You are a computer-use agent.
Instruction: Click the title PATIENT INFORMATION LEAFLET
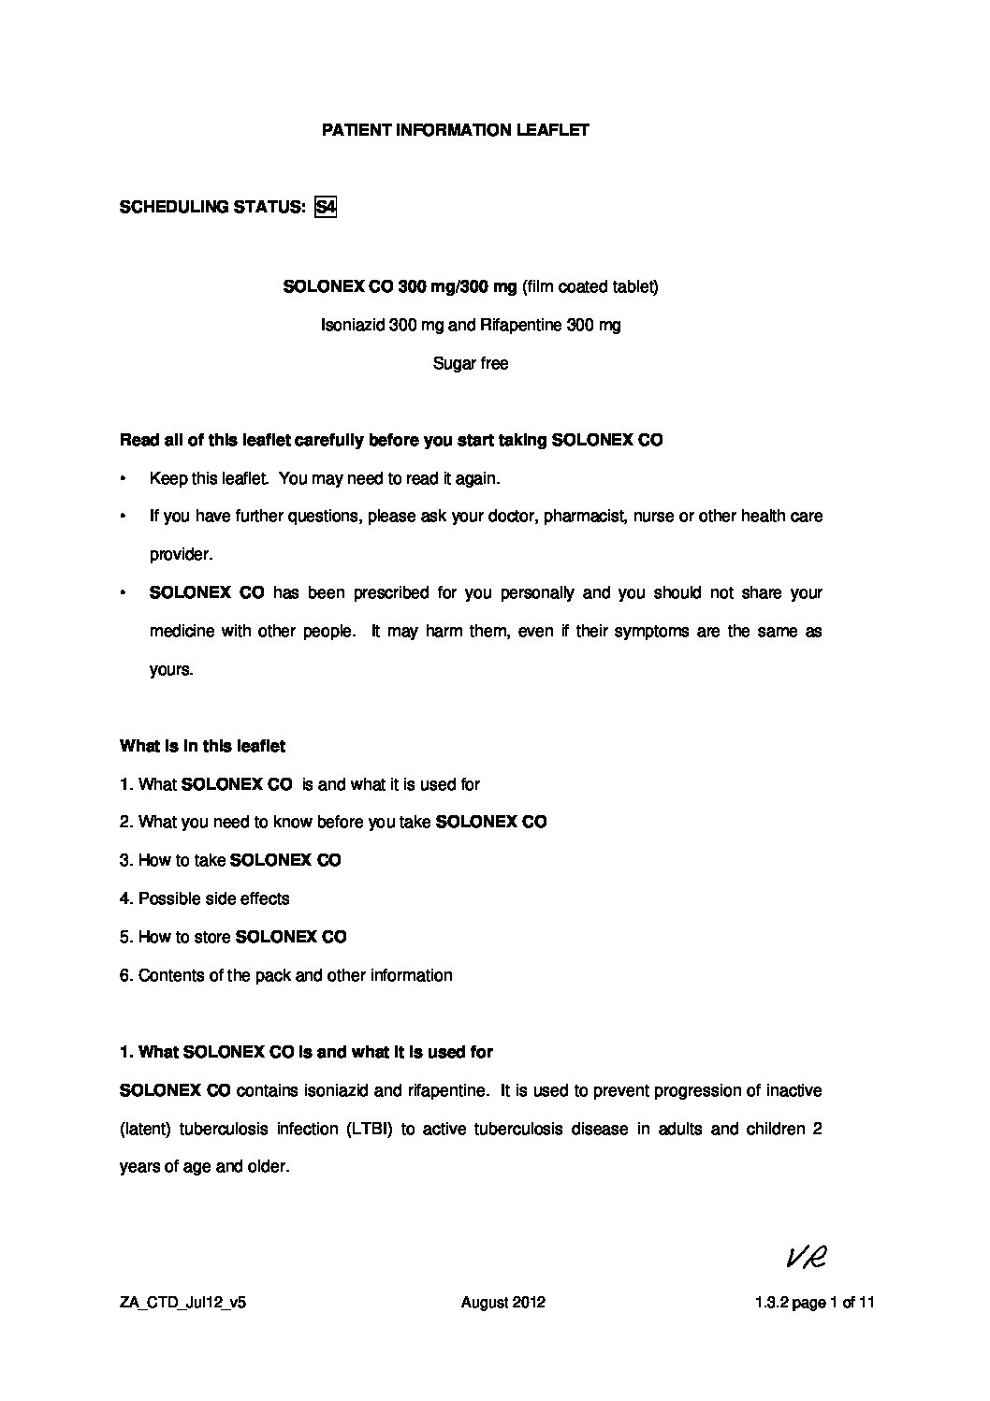tap(456, 130)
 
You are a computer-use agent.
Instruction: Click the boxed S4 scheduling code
tap(326, 207)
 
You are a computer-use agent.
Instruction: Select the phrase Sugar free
tap(471, 363)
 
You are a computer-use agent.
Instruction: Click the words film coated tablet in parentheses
tap(590, 286)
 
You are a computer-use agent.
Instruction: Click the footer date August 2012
tap(503, 1302)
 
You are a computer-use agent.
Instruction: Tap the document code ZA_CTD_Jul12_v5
tap(182, 1302)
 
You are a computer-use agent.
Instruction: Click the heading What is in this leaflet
tap(202, 746)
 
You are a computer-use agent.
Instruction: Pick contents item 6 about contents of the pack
tap(286, 975)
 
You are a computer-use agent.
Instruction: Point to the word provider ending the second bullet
tap(181, 554)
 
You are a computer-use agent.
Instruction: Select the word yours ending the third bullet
tap(170, 669)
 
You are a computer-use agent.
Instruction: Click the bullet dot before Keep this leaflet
tap(124, 478)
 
